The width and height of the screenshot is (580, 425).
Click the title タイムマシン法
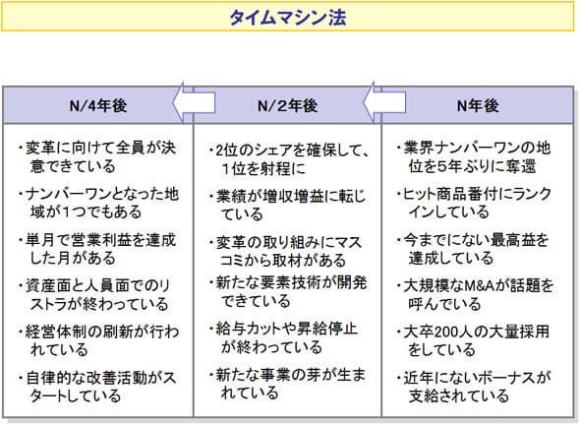[288, 17]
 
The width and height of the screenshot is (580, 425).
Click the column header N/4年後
[98, 106]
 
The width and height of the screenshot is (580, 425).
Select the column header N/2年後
[287, 106]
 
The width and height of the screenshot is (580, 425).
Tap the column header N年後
[478, 106]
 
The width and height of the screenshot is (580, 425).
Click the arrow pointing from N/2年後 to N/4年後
[194, 102]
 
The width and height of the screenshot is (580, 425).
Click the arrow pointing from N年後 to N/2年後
[384, 102]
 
